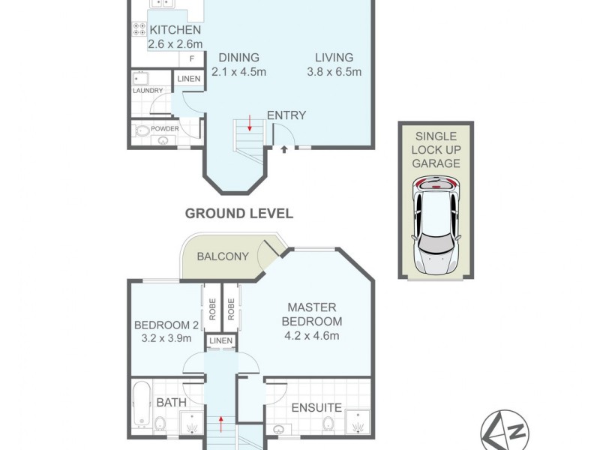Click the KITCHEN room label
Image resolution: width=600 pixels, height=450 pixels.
point(175,31)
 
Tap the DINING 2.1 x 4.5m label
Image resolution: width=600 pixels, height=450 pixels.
point(239,64)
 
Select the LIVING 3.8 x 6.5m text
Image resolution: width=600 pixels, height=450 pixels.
point(334,64)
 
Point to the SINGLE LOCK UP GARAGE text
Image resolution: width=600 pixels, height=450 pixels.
point(436,149)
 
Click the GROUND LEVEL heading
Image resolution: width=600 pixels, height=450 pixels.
point(238,214)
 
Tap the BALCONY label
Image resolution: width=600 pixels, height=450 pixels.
point(222,256)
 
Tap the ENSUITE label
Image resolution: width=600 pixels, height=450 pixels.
point(317,408)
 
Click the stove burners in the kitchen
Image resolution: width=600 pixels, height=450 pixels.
point(139,30)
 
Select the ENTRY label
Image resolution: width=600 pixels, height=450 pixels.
point(286,115)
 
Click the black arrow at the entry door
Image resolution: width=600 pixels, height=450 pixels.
point(284,150)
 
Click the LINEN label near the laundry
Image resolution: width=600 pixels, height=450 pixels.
point(188,79)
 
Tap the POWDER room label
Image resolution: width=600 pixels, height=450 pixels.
point(164,128)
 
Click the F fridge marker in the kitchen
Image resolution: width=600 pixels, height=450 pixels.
point(191,58)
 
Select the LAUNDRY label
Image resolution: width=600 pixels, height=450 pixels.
point(148,91)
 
